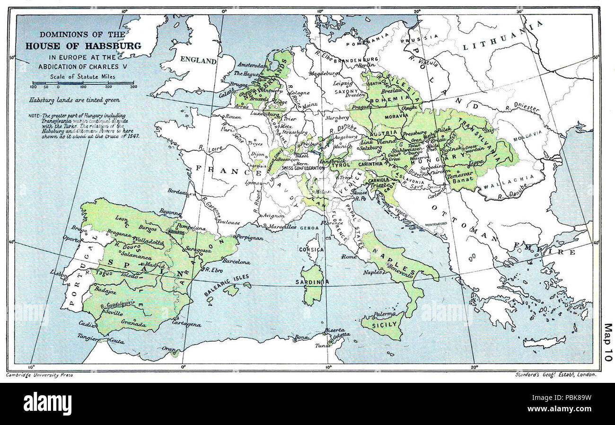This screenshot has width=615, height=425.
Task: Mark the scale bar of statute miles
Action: [83, 83]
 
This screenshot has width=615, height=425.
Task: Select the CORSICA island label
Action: [312, 250]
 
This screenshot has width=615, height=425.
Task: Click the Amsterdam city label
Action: [250, 65]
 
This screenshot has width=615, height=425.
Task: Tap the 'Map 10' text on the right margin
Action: [607, 342]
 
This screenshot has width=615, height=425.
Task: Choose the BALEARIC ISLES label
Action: [221, 288]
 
